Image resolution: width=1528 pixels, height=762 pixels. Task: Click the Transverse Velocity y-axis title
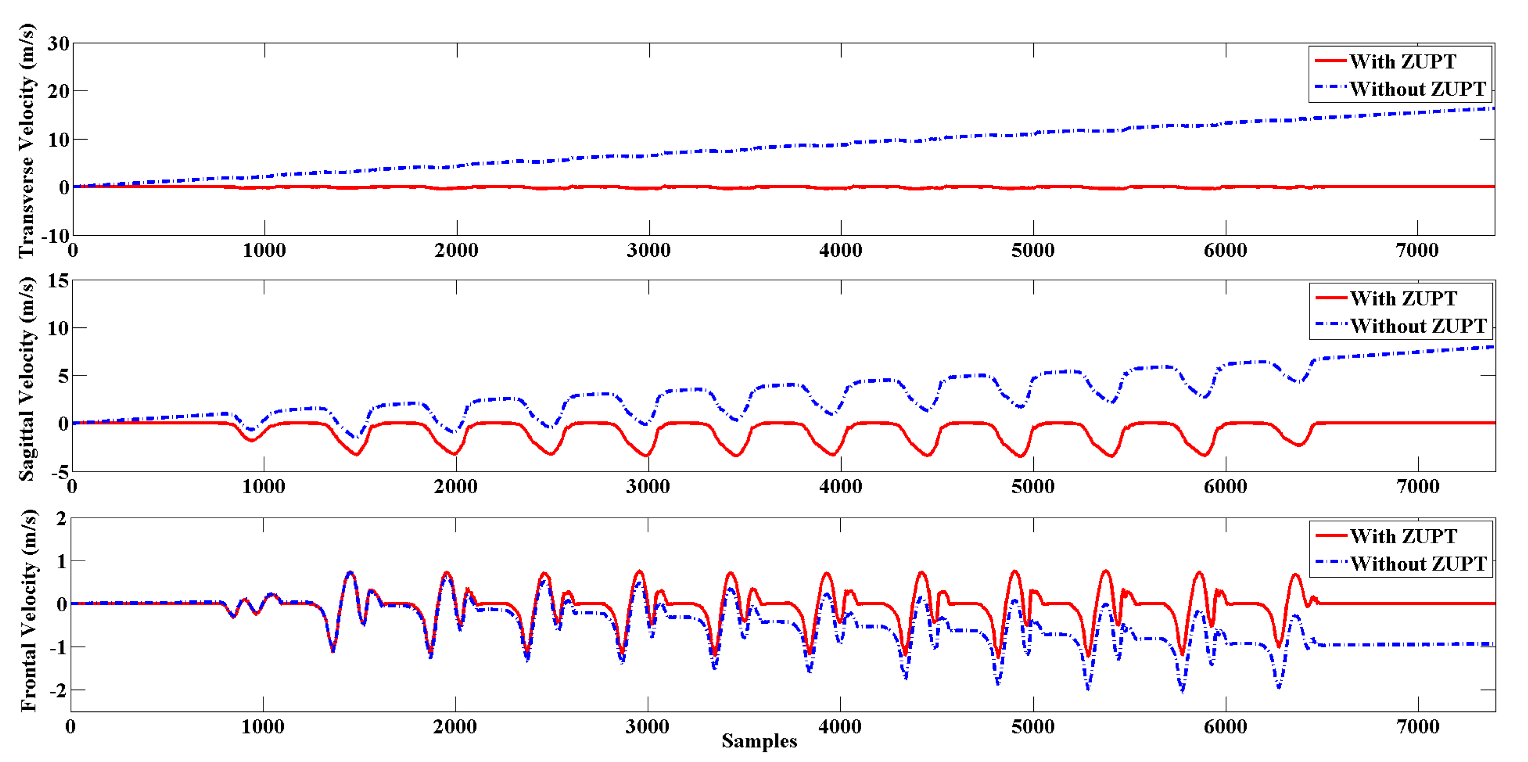click(26, 141)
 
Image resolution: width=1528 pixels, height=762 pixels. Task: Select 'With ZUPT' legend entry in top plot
click(1402, 61)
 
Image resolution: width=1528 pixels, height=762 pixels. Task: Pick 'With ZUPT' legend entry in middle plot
click(1403, 298)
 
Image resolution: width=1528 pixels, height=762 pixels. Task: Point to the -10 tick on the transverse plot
click(55, 236)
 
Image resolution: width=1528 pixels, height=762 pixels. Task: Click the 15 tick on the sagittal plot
click(58, 280)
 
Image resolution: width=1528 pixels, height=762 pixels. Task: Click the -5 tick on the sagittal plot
click(61, 473)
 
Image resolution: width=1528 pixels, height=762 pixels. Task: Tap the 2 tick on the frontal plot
click(61, 519)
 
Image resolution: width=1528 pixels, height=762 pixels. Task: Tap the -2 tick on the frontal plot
click(58, 690)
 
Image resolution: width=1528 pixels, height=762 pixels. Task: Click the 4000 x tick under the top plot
click(841, 250)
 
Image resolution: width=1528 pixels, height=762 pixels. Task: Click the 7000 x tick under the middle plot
click(1417, 487)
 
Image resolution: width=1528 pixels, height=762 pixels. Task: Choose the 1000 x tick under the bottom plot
click(262, 726)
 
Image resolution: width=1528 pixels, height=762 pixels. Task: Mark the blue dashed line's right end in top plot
click(1492, 109)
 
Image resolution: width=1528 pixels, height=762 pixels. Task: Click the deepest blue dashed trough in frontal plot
click(1182, 691)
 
